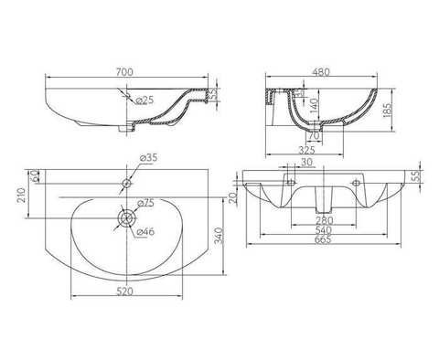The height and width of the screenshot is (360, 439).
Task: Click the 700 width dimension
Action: tap(124, 71)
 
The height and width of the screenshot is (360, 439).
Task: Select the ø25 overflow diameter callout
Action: tap(145, 100)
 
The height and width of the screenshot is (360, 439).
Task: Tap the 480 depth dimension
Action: tap(321, 72)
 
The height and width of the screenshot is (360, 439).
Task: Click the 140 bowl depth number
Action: tap(314, 105)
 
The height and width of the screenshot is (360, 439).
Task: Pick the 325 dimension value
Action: tap(306, 150)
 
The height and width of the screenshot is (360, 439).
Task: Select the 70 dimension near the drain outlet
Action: tap(314, 135)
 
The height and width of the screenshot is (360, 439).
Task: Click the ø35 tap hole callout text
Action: tap(148, 158)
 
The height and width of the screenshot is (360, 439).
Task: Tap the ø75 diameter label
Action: tap(145, 203)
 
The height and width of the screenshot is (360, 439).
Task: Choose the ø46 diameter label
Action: tap(145, 232)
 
